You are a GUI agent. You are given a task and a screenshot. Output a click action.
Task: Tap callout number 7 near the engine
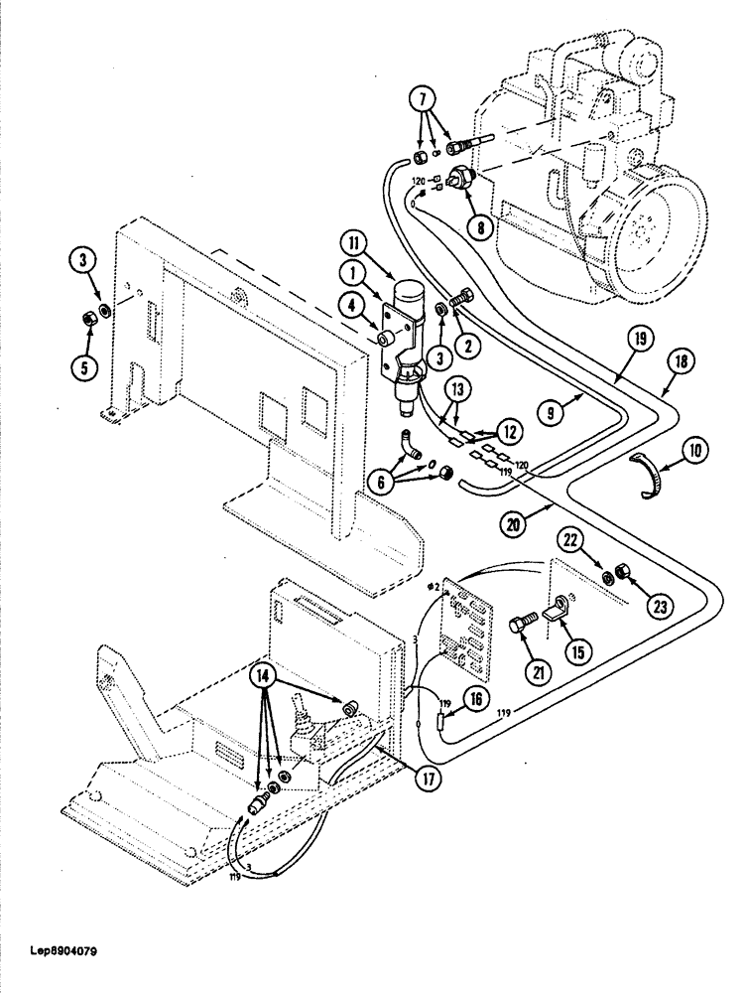pos(423,101)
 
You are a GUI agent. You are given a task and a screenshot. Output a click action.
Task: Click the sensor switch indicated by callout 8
pos(460,182)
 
